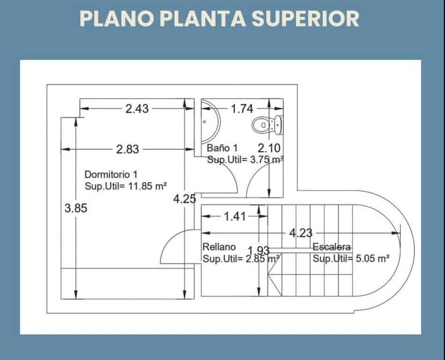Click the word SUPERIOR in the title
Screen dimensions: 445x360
(305, 19)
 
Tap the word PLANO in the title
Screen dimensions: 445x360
(117, 19)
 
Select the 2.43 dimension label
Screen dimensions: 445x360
(137, 109)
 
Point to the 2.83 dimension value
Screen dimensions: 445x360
(127, 150)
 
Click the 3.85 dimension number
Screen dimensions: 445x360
(76, 208)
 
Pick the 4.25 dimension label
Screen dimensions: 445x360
(185, 199)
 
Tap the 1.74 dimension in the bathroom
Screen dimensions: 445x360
(242, 109)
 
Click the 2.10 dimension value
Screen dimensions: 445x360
(269, 148)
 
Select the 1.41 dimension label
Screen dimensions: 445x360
(235, 217)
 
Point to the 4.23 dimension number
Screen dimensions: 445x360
(301, 233)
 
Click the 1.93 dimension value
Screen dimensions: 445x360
(259, 251)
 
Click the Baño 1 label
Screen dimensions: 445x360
(222, 148)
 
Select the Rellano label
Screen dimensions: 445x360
(219, 247)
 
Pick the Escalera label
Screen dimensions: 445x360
(332, 247)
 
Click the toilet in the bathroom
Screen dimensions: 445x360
(267, 125)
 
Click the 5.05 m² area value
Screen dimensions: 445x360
(373, 259)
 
